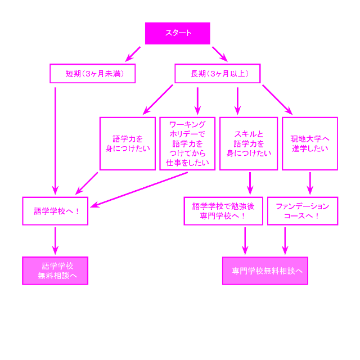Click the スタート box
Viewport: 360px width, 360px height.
coord(177,33)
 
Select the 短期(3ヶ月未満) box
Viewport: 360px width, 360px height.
coord(93,74)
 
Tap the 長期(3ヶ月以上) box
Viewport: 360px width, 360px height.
coord(218,74)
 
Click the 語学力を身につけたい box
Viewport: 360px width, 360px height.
coord(128,143)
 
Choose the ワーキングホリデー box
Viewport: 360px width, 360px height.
coord(187,143)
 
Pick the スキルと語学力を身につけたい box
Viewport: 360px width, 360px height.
coord(249,143)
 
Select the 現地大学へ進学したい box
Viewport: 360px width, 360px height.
coord(310,143)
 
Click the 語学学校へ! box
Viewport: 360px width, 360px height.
coord(55,211)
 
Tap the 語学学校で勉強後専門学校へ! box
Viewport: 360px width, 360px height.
coord(223,211)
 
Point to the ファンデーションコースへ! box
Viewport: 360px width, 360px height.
coord(302,211)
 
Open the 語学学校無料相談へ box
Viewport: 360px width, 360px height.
coord(55,271)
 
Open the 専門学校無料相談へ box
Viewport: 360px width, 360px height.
coord(265,271)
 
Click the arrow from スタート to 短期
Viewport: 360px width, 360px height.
coord(133,53)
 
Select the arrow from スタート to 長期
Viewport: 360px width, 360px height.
coord(219,53)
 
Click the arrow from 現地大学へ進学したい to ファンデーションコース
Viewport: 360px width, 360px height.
coord(309,183)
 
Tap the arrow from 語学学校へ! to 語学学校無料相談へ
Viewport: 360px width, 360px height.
coord(55,240)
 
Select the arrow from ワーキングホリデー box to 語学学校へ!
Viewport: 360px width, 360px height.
coord(141,188)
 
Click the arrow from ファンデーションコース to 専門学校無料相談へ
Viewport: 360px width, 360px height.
coord(285,240)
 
